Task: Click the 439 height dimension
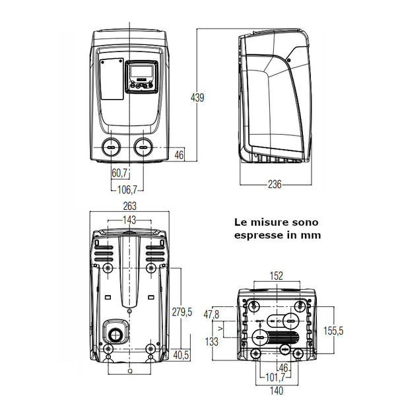point(197,98)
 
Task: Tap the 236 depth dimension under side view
point(275,185)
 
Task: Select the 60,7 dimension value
point(119,174)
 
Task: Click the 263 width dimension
point(130,207)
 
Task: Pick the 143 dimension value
point(130,220)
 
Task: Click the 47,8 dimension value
point(213,314)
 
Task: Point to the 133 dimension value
point(213,342)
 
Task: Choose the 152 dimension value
point(277,276)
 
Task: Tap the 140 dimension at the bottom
point(277,391)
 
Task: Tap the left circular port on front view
point(110,147)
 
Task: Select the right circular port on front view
point(143,147)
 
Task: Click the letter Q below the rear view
point(129,372)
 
